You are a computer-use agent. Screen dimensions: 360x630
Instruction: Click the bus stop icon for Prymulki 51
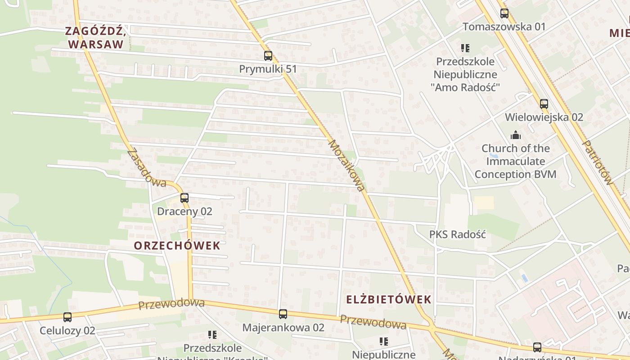click(268, 56)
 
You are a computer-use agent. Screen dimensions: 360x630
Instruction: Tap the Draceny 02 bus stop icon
click(184, 198)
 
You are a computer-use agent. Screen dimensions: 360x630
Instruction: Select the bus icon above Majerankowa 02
click(283, 314)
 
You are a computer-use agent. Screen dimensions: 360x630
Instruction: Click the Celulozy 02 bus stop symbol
click(67, 317)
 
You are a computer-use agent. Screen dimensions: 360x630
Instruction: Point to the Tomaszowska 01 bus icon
click(504, 13)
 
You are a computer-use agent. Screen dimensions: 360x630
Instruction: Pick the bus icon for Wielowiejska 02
click(544, 104)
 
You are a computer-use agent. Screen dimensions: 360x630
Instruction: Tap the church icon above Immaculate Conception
click(515, 135)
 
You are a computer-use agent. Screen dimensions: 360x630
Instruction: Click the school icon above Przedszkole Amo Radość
click(465, 48)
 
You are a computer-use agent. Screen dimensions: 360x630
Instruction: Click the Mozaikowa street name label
click(346, 165)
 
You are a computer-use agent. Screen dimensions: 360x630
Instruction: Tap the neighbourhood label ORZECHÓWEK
click(177, 246)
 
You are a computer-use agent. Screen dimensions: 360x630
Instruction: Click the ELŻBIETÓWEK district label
click(389, 299)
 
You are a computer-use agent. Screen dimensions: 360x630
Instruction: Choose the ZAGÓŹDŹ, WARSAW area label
click(94, 38)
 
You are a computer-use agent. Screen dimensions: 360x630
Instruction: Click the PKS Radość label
click(458, 234)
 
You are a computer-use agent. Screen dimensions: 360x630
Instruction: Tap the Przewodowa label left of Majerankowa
click(171, 304)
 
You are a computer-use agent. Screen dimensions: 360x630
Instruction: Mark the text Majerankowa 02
click(283, 328)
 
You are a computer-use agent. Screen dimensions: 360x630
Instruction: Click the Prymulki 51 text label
click(268, 69)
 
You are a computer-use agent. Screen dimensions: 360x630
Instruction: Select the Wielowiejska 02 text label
click(544, 117)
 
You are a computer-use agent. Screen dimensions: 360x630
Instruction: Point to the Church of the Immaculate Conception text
click(516, 161)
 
